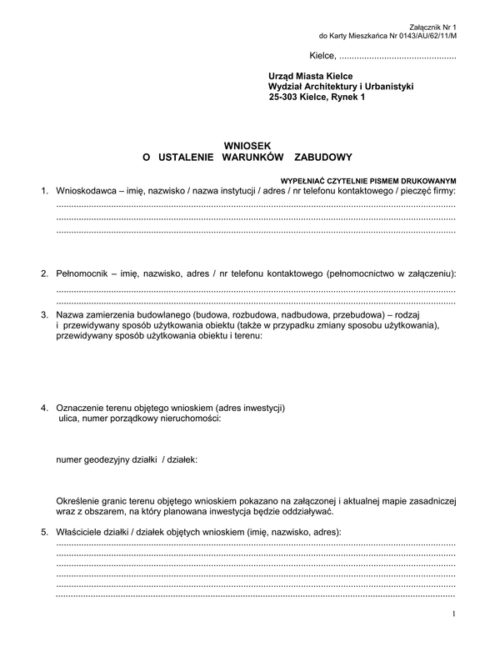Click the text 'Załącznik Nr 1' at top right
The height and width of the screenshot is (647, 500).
click(434, 27)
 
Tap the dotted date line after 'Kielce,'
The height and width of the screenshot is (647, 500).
click(397, 58)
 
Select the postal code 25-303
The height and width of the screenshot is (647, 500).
click(284, 98)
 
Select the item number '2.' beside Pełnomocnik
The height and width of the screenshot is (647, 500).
click(45, 273)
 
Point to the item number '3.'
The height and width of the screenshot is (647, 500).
click(45, 314)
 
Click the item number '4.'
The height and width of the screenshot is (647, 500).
click(45, 408)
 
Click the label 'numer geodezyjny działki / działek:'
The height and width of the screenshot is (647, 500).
click(127, 459)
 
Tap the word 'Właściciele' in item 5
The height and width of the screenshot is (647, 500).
click(82, 531)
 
